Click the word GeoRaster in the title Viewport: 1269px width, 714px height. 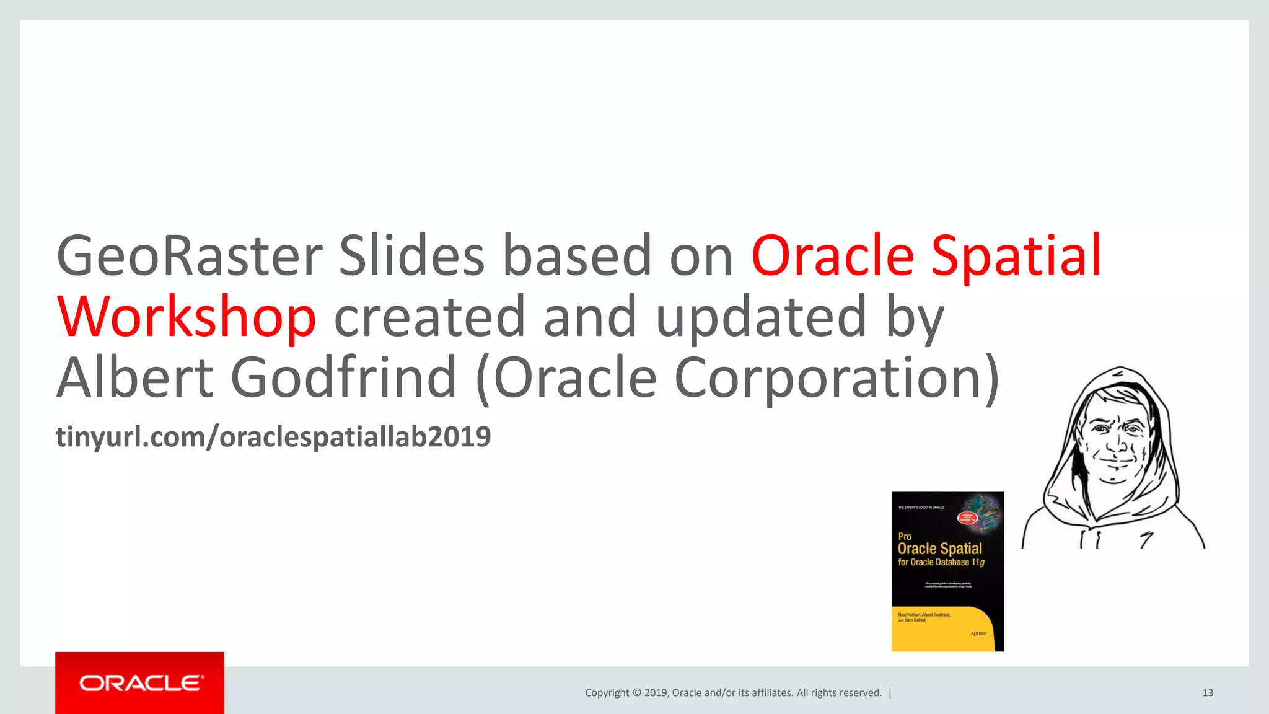click(189, 256)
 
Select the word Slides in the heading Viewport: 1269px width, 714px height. click(411, 256)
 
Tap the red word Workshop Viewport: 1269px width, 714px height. click(187, 317)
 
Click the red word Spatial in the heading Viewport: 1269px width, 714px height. click(1016, 256)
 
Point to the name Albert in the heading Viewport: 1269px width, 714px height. click(135, 377)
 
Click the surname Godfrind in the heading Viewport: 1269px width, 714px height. click(343, 377)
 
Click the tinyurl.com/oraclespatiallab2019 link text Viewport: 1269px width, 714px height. click(273, 437)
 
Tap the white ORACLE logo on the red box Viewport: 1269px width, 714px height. click(141, 683)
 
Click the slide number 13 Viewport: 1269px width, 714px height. click(1207, 693)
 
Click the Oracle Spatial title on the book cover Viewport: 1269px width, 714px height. click(939, 549)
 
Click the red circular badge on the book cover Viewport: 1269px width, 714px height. click(967, 518)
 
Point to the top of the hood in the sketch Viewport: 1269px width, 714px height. click(1119, 372)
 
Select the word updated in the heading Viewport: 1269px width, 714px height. click(761, 317)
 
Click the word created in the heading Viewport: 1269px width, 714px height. click(429, 317)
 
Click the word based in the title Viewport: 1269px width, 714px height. click(577, 256)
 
